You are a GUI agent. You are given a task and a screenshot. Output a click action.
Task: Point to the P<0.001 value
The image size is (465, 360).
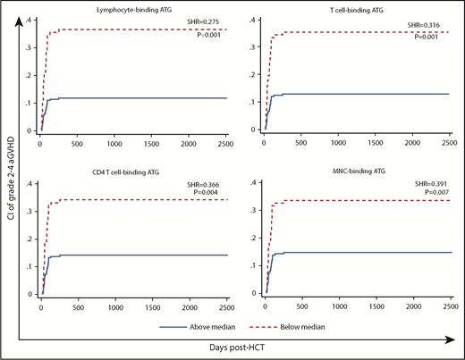coord(209,32)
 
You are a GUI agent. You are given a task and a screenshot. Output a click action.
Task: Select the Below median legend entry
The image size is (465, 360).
coord(292,327)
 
